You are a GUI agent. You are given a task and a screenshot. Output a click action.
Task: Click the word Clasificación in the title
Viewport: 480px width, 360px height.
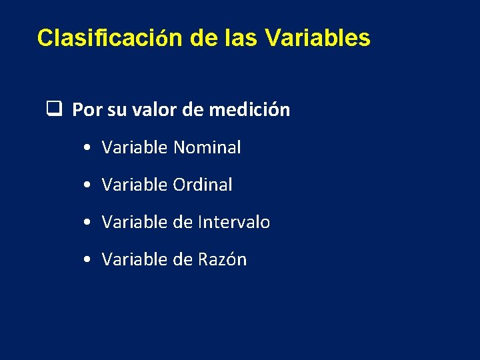[109, 38]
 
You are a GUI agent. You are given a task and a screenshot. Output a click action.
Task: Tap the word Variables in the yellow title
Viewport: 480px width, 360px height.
[317, 38]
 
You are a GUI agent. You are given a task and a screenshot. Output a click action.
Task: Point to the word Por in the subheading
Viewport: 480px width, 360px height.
[87, 109]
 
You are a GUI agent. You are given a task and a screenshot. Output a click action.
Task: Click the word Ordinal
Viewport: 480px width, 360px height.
[203, 185]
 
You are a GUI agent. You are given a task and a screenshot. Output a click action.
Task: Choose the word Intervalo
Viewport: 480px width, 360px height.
[234, 222]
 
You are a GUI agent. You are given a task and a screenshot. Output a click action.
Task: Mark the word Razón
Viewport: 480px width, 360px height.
[223, 259]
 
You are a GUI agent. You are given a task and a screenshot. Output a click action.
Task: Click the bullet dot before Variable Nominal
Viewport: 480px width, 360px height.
[89, 148]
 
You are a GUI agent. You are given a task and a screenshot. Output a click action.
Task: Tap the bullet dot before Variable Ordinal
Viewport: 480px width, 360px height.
[89, 185]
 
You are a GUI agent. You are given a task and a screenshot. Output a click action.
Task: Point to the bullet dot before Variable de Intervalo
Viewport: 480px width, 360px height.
[89, 223]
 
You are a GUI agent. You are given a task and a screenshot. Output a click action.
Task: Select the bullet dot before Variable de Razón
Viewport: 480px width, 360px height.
[89, 260]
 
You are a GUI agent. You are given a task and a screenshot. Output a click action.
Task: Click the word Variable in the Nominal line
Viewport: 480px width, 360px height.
[135, 147]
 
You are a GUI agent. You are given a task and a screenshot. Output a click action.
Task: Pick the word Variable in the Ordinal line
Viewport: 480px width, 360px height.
[135, 185]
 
